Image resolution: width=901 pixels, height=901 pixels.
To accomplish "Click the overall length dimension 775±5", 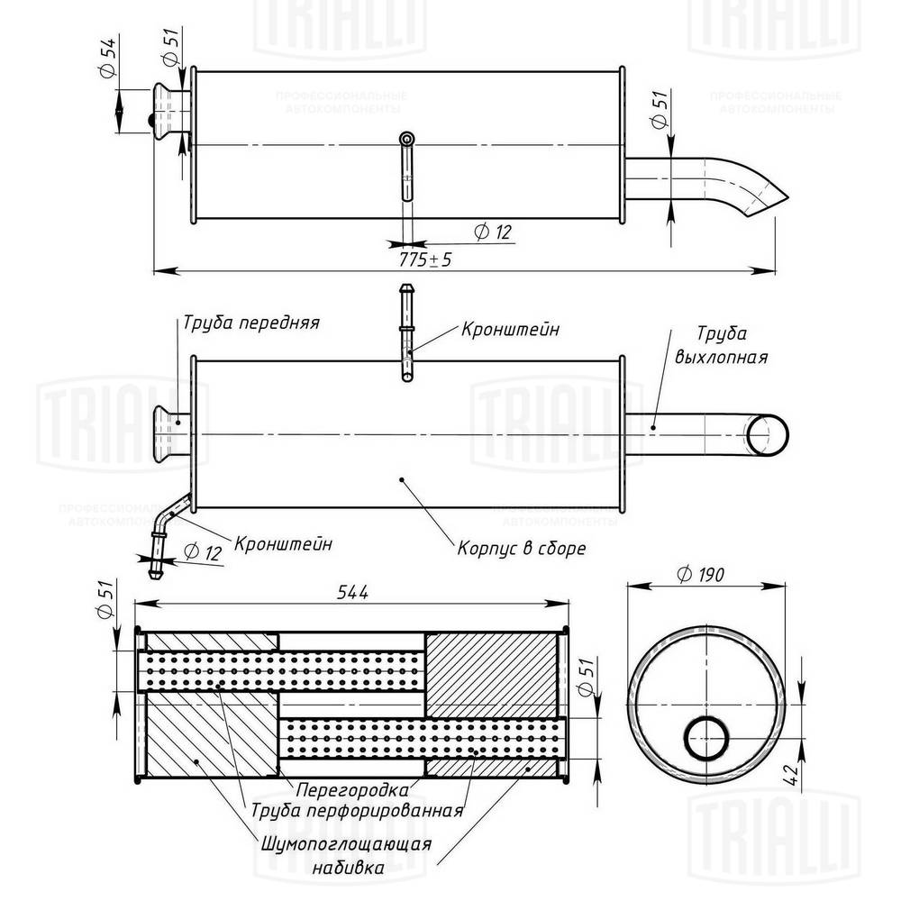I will pos(426,259).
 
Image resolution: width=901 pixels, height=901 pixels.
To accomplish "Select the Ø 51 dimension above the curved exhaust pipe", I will pos(660,113).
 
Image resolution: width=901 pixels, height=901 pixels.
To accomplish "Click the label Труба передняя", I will pos(251,322).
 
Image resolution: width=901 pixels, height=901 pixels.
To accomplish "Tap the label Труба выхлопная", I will pos(721,345).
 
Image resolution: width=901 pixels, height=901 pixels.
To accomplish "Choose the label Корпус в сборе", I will pos(522,547).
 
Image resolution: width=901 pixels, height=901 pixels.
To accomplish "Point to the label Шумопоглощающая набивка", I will pos(347,856).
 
